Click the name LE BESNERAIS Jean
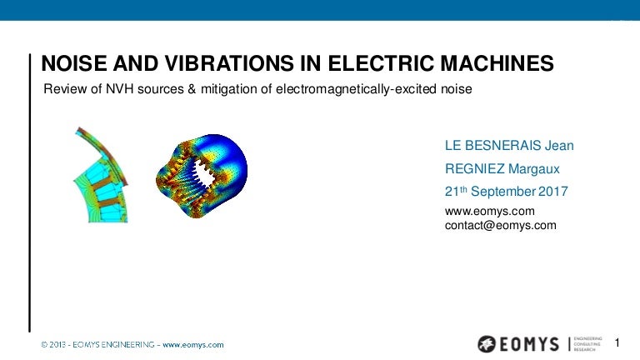(x=509, y=146)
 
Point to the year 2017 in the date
(x=552, y=191)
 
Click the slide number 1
(x=617, y=342)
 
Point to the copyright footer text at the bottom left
(x=132, y=344)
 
